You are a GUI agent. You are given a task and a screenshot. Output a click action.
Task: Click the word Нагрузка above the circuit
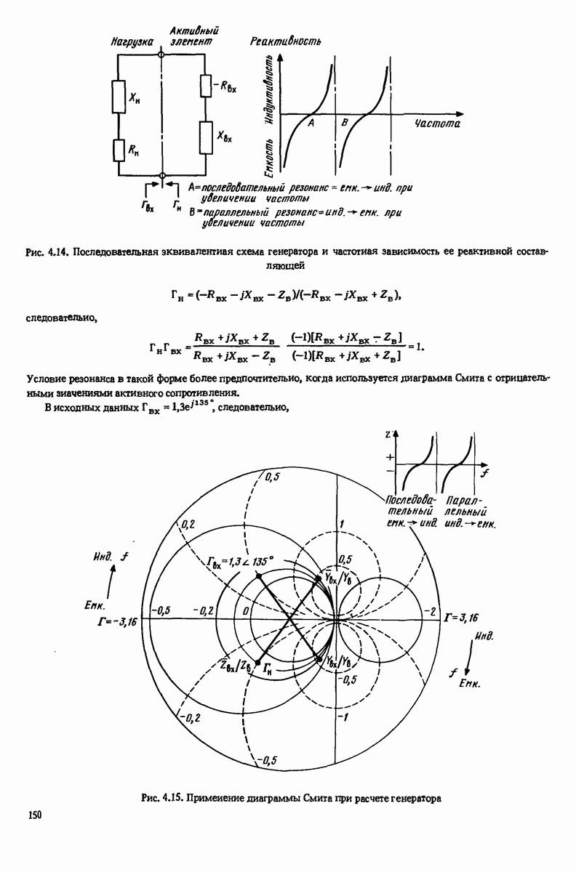pyautogui.click(x=132, y=43)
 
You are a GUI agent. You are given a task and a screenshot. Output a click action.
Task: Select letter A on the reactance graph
pyautogui.click(x=311, y=124)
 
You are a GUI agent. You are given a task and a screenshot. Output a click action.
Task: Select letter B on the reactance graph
pyautogui.click(x=345, y=124)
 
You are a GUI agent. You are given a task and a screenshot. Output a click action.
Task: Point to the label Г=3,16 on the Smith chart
pyautogui.click(x=460, y=618)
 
